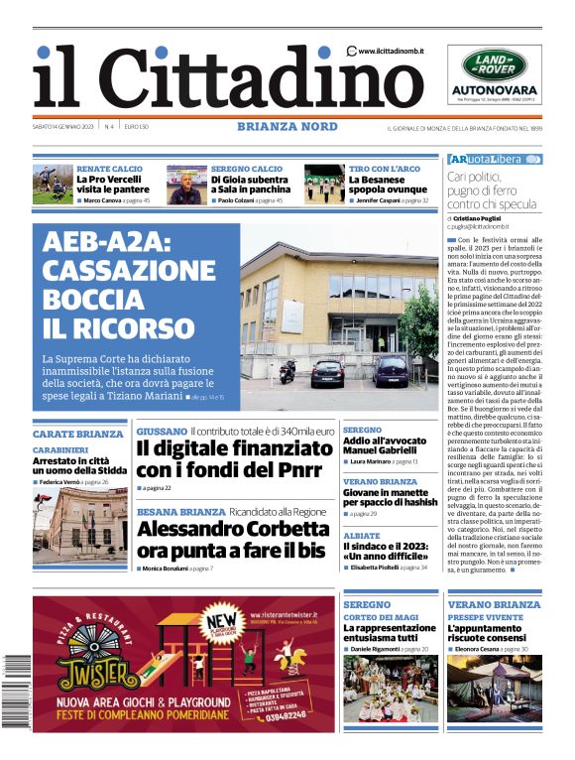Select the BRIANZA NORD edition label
[287, 126]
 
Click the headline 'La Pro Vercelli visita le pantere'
[112, 185]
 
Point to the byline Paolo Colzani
[239, 200]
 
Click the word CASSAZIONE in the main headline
[129, 271]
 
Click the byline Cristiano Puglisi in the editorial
[487, 217]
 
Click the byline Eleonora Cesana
[480, 648]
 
